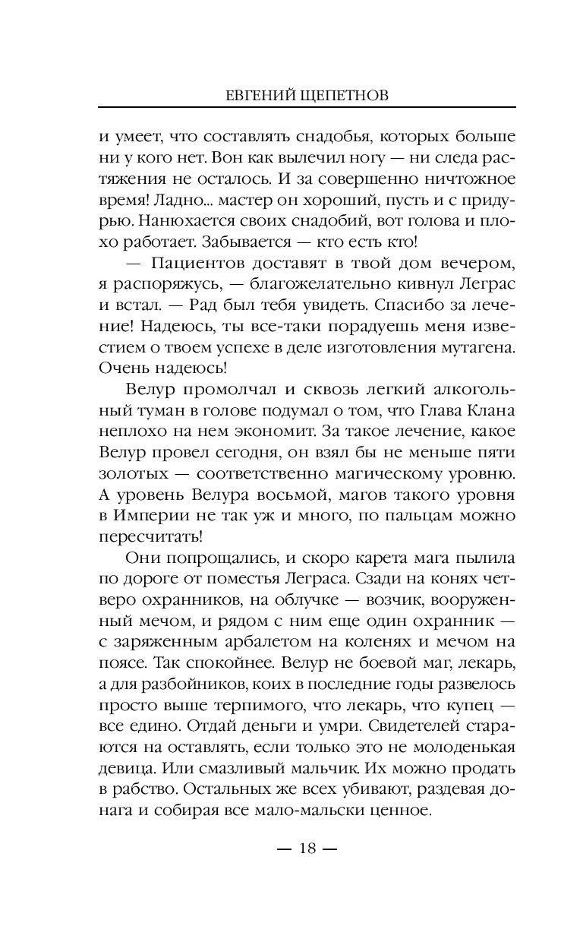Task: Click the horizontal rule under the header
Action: tap(307, 109)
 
